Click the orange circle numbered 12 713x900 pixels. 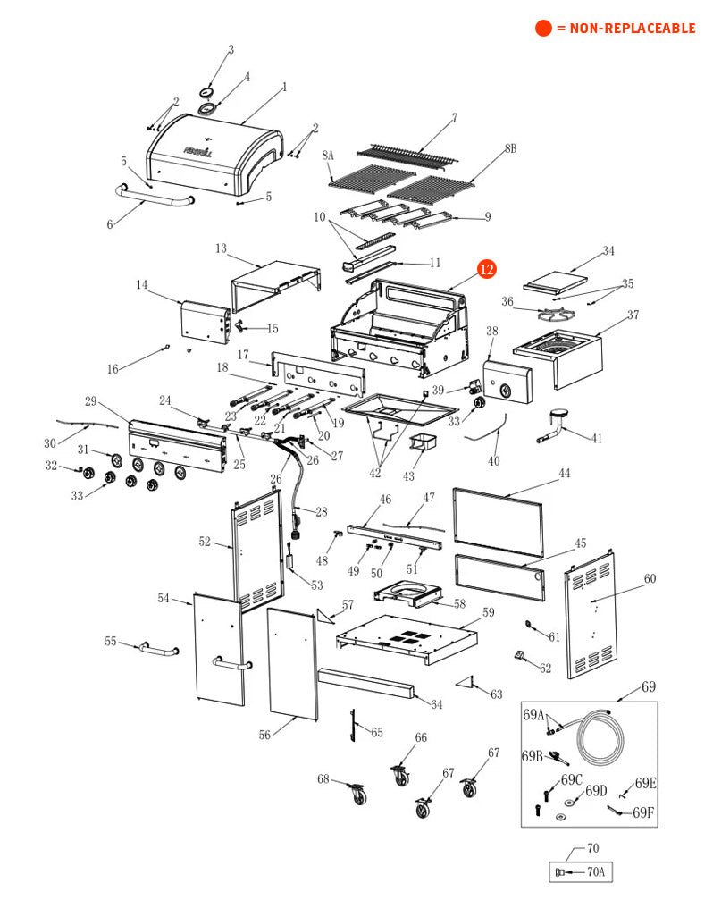tap(486, 269)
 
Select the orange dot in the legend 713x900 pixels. tap(543, 29)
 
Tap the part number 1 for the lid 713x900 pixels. tap(284, 88)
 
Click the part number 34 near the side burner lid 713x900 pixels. tap(608, 251)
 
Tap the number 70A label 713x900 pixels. tap(592, 872)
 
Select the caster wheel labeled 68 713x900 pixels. tap(356, 793)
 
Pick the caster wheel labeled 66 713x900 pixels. tap(399, 774)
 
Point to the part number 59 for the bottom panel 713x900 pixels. tap(489, 613)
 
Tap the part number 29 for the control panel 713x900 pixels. tap(90, 400)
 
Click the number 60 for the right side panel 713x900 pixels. tap(650, 579)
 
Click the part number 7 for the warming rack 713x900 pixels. tap(454, 118)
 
